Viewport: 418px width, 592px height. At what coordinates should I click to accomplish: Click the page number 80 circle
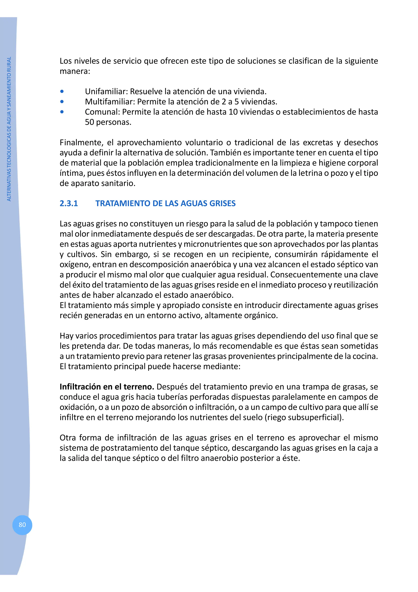[x=22, y=525]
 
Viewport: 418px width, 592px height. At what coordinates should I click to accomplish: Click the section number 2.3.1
[x=69, y=203]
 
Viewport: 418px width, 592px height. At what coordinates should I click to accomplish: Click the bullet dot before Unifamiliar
[x=62, y=92]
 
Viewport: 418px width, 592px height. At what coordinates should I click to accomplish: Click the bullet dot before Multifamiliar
[x=62, y=102]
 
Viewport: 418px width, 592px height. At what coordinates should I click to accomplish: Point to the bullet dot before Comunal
[x=62, y=112]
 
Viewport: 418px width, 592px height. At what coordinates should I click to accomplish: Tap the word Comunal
[x=102, y=112]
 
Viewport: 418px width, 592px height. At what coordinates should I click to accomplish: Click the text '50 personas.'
[x=108, y=122]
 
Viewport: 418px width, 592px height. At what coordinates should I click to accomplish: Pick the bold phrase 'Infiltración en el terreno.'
[x=107, y=387]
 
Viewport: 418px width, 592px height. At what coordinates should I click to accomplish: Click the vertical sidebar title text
[x=9, y=129]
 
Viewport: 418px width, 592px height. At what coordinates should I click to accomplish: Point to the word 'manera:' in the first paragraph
[x=75, y=71]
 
